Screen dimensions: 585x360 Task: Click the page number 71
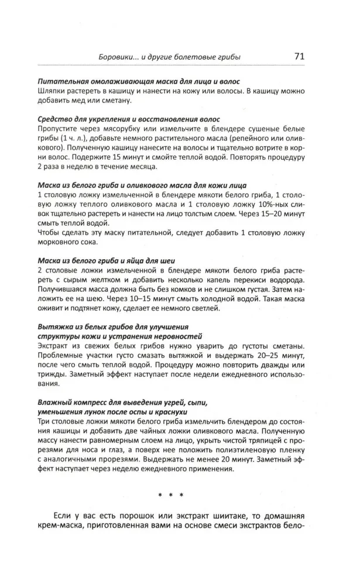(x=297, y=57)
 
